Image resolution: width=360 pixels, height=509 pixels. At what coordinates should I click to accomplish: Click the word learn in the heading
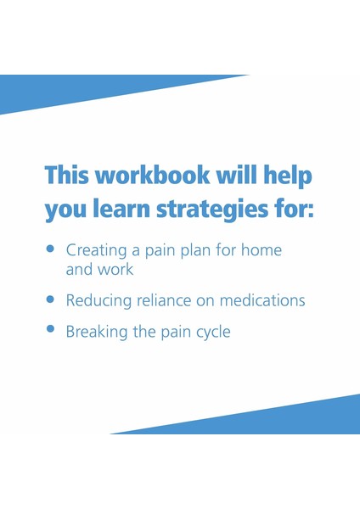[x=118, y=210]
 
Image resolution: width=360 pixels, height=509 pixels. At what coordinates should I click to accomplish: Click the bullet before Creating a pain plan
[x=50, y=250]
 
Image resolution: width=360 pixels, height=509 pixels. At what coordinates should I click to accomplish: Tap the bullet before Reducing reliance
[x=50, y=299]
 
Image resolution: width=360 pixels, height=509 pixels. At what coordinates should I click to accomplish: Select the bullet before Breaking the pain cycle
[x=50, y=328]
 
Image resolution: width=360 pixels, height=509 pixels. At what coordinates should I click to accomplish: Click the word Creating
[x=94, y=251]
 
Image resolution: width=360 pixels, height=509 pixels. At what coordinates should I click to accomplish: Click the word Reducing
[x=95, y=300]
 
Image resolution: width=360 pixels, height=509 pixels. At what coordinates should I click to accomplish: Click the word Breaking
[x=94, y=331]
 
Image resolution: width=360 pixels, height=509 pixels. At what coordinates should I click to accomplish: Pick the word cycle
[x=210, y=331]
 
